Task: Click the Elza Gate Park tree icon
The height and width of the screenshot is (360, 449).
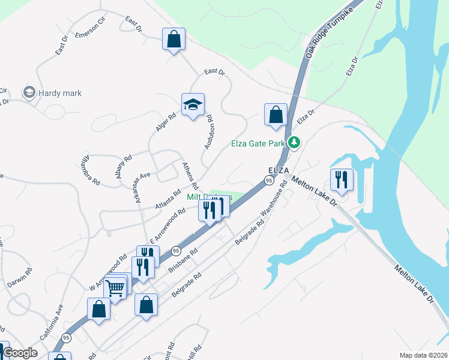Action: coord(294,143)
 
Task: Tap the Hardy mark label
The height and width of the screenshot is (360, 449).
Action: coord(59,93)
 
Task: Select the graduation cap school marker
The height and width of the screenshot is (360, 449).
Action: coord(193,104)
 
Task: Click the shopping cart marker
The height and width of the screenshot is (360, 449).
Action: coord(115,287)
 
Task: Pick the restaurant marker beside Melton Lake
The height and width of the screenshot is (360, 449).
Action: coord(342,179)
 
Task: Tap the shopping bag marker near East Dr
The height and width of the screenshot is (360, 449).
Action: coord(173,40)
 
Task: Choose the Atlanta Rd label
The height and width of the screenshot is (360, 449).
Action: coord(168,199)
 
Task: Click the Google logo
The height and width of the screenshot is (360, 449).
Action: coord(20,353)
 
